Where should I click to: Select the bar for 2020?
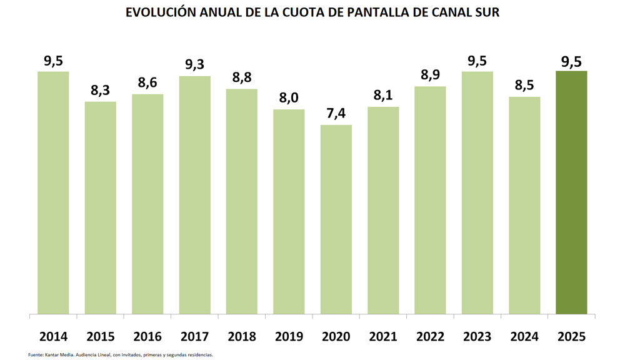336,219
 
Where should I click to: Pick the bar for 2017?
194,195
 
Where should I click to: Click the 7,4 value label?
336,113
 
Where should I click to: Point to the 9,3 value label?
194,64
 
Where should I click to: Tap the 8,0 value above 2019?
289,97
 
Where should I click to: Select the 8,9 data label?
430,74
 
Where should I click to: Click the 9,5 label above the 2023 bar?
477,61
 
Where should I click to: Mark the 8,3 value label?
100,90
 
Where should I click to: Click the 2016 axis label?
147,337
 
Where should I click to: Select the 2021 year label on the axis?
383,337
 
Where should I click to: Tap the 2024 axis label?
524,337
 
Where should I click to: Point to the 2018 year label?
242,337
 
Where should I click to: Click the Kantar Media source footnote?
121,355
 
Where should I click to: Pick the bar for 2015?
100,207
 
